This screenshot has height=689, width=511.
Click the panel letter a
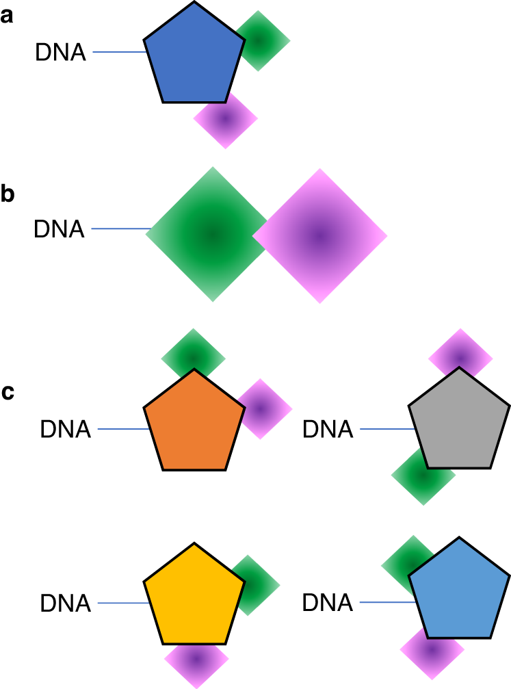click(8, 16)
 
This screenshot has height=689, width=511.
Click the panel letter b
click(8, 194)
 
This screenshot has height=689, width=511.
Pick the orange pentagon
click(194, 424)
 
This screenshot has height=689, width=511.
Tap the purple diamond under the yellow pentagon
click(196, 660)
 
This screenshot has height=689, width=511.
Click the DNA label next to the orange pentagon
click(66, 430)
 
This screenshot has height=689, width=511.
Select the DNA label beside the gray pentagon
click(328, 430)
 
